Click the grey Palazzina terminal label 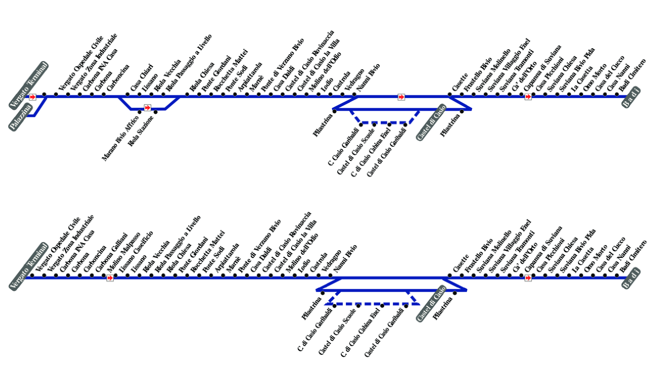coord(21,117)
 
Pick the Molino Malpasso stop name coord(123,253)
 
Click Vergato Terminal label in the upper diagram coord(29,85)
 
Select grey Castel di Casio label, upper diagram coord(431,123)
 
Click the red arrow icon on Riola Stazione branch coord(148,108)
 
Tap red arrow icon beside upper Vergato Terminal coord(33,97)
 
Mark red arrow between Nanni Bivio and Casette coord(401,97)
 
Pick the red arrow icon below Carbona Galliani coord(110,278)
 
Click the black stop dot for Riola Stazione coord(156,112)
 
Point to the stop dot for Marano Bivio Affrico coord(139,112)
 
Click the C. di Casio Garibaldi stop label coord(315,330)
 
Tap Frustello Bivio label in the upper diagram coord(478,74)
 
